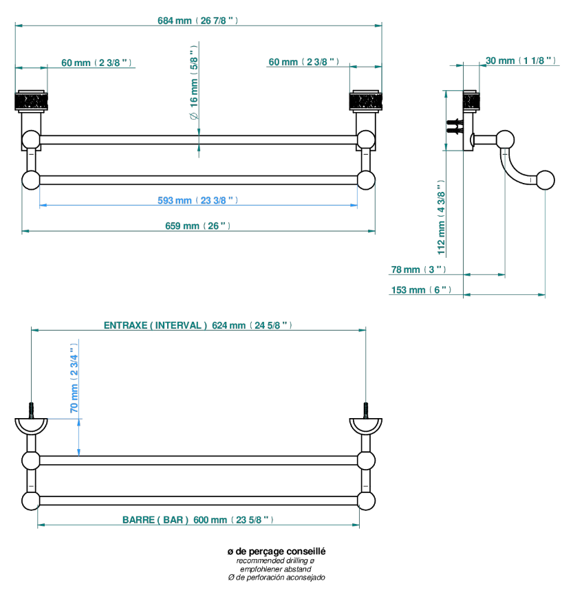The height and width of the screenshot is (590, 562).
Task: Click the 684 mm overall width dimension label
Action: [197, 21]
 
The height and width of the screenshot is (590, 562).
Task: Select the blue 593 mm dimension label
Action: [197, 200]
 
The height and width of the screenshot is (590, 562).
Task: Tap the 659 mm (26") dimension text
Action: [197, 226]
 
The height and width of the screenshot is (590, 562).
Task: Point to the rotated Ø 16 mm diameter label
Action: [194, 83]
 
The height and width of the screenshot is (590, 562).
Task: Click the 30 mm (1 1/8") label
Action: [521, 61]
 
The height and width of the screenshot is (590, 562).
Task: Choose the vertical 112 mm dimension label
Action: [441, 217]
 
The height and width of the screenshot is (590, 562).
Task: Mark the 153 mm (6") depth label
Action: [421, 289]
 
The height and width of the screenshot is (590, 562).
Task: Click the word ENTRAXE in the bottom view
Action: [126, 325]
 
